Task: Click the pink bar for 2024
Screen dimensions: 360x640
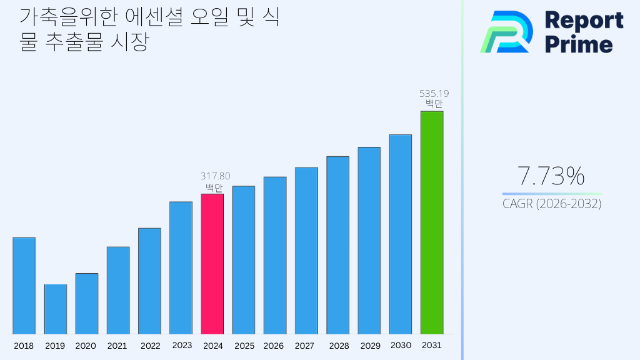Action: point(212,264)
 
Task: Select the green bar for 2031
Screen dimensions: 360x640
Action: point(431,222)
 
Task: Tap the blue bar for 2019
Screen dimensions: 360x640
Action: point(55,309)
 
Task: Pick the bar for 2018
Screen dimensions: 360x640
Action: point(24,286)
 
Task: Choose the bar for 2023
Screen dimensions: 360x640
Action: point(181,267)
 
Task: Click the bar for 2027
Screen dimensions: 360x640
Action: point(306,251)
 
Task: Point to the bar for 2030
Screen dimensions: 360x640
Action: point(400,234)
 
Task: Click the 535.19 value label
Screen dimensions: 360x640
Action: point(434,94)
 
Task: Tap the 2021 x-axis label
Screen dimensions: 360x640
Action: point(117,346)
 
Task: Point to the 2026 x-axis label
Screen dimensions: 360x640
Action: point(274,346)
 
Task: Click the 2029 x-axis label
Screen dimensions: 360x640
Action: point(370,346)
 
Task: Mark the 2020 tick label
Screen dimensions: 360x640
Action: point(86,346)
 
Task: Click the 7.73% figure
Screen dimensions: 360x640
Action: point(551,176)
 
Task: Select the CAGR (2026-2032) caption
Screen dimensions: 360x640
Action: point(552,204)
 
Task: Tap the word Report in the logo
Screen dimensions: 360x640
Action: point(584,20)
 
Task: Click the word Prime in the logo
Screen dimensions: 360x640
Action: point(579,44)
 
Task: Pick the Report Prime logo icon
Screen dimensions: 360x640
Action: point(506,32)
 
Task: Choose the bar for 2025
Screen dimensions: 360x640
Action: point(243,260)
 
